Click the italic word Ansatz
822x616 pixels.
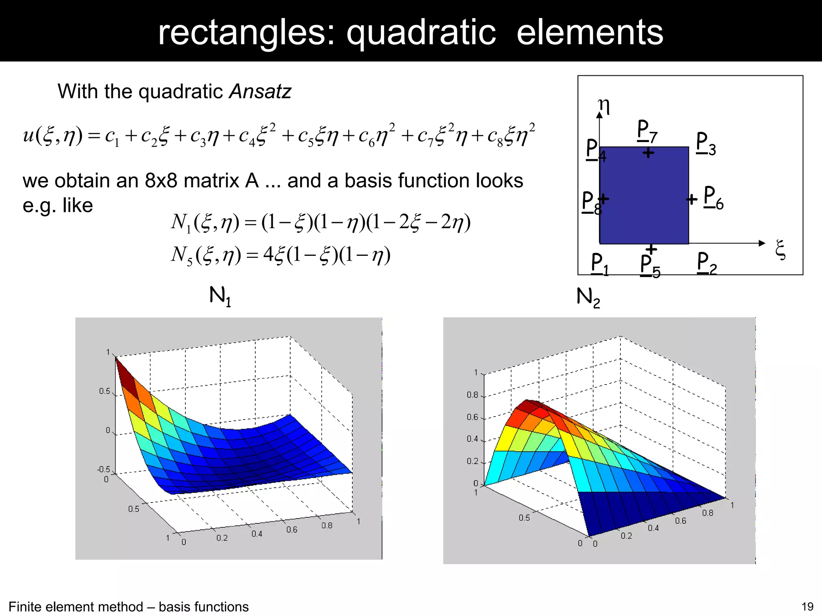tap(260, 91)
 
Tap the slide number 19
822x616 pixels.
tap(807, 606)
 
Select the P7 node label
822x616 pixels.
tap(647, 131)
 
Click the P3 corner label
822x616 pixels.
tap(706, 143)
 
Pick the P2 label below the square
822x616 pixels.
tap(706, 263)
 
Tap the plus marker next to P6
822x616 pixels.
tap(692, 199)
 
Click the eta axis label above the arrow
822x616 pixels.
tap(604, 105)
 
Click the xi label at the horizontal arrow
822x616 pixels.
tap(780, 249)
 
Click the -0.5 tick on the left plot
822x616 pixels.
tap(104, 469)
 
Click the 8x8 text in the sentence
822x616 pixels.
tap(161, 180)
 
